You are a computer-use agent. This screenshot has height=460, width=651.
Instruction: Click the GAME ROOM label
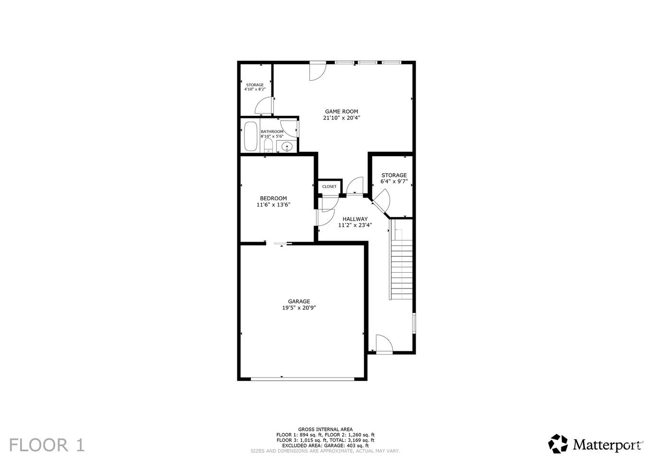click(x=341, y=112)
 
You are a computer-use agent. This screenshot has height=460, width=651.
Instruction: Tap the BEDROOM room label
click(x=273, y=198)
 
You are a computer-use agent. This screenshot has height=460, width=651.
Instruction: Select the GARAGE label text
click(x=299, y=301)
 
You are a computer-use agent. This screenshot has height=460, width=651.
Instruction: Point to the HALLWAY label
click(x=355, y=219)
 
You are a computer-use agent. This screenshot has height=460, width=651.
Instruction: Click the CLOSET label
click(x=329, y=187)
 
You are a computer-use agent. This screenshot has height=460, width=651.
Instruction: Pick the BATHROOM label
click(x=272, y=132)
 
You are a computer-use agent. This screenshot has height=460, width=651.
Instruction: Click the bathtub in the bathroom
click(x=251, y=137)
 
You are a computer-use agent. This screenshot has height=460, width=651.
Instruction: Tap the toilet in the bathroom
click(x=268, y=145)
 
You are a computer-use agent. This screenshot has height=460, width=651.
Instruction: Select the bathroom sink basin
click(x=287, y=147)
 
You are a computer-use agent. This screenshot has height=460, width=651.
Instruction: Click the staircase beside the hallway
click(x=401, y=259)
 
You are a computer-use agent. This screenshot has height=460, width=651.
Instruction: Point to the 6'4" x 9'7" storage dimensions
click(x=394, y=182)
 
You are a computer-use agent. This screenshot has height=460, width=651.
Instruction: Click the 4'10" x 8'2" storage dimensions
click(x=255, y=89)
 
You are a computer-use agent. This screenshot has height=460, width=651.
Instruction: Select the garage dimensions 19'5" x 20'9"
click(x=299, y=308)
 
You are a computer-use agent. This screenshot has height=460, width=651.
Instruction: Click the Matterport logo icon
click(x=558, y=444)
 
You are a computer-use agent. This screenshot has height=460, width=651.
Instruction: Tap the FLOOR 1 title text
click(x=47, y=445)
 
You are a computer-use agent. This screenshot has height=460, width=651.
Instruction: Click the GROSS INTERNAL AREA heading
click(x=325, y=429)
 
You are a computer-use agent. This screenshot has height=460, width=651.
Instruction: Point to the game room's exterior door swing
click(x=318, y=72)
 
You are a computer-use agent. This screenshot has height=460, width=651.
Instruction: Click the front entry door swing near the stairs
click(x=384, y=344)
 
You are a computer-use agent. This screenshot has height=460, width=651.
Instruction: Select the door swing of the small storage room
click(x=264, y=105)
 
